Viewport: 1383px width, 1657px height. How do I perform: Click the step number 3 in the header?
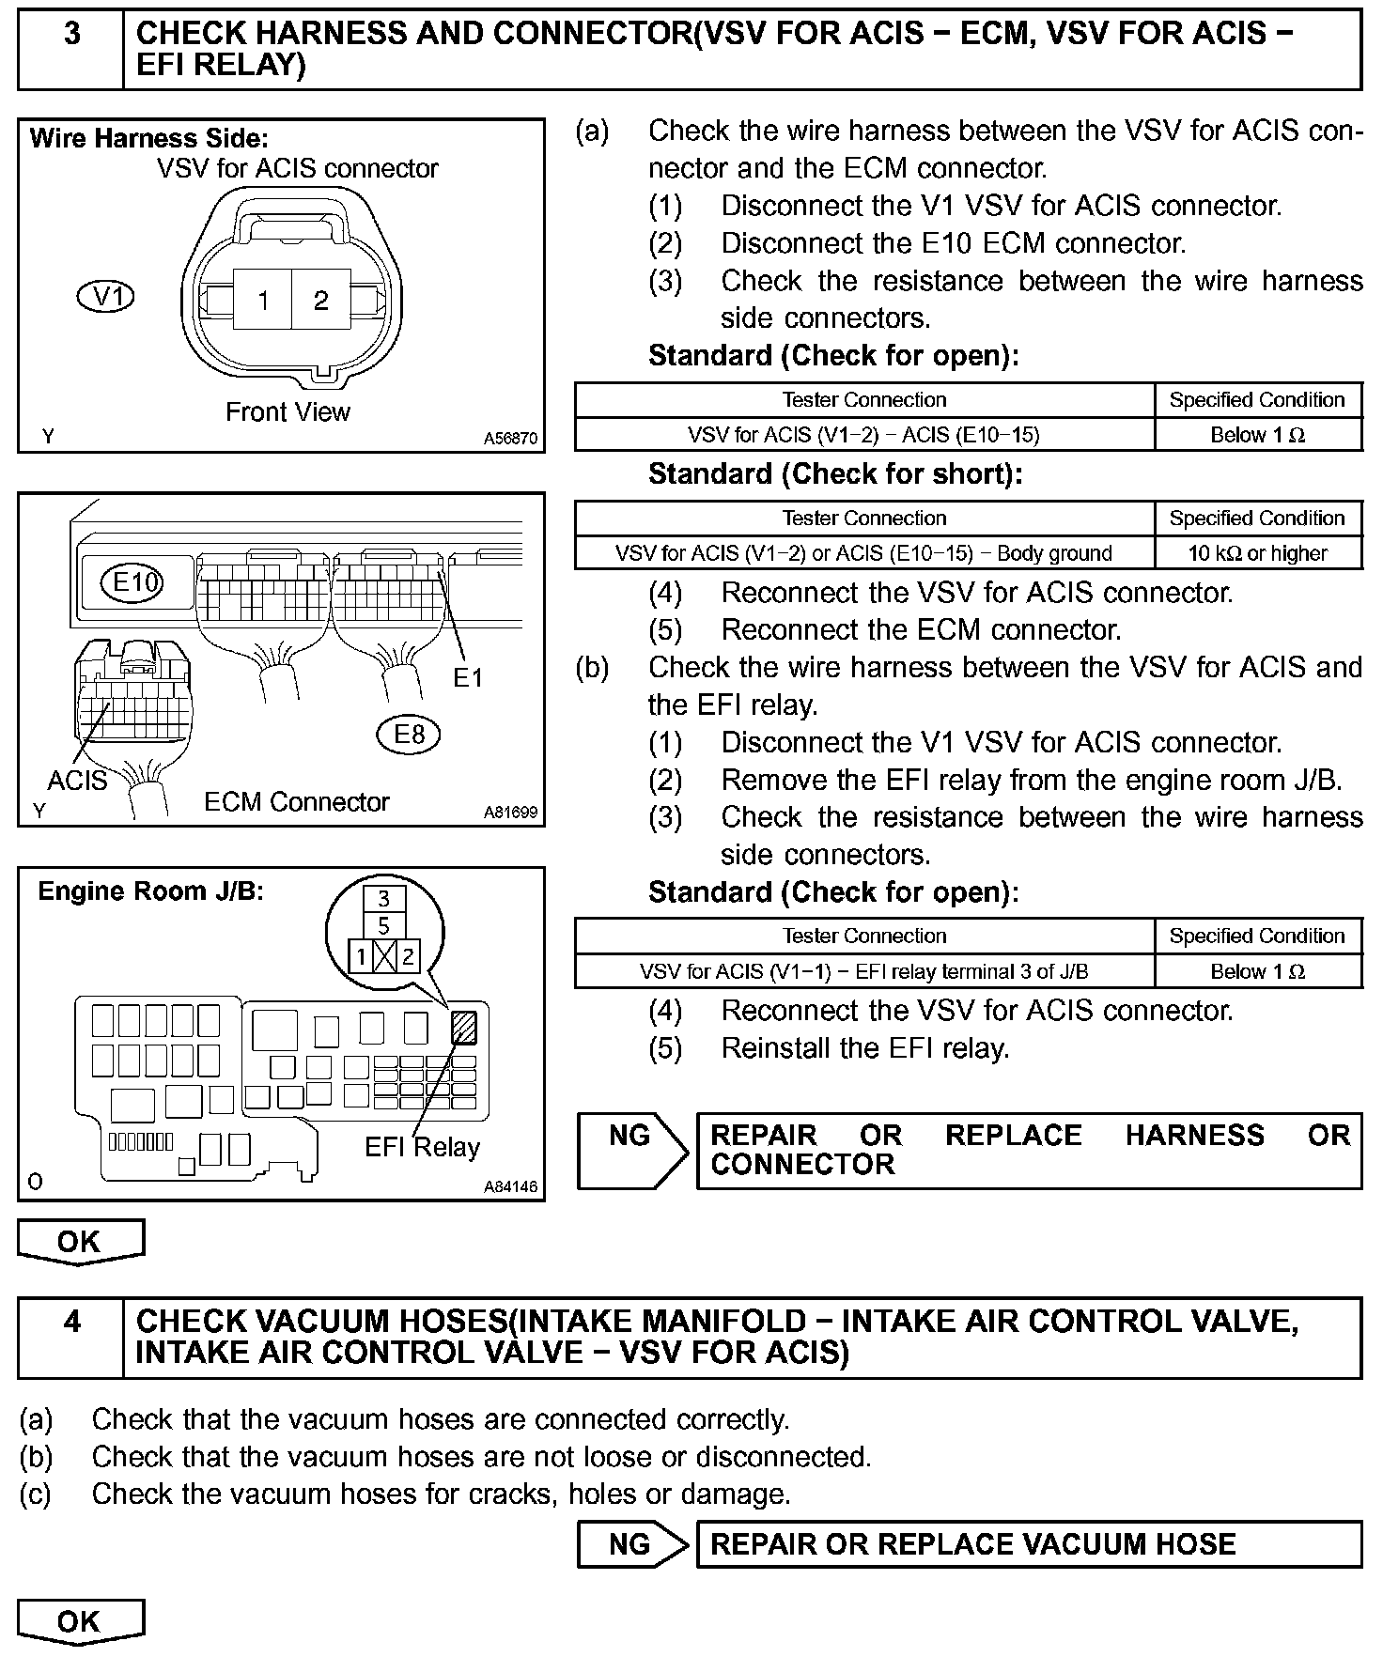(71, 36)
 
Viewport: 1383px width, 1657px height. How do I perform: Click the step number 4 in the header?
(71, 1323)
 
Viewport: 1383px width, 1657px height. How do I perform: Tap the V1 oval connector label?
(105, 297)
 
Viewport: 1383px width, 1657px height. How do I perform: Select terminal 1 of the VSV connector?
(263, 300)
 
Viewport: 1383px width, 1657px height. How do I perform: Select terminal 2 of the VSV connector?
(321, 300)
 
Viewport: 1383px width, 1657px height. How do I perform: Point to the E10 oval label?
(133, 582)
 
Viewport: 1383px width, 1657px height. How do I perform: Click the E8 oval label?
(409, 734)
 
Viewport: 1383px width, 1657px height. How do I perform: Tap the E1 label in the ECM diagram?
(467, 677)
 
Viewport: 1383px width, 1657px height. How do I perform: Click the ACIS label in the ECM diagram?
(77, 781)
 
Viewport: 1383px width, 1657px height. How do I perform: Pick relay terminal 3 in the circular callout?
(383, 899)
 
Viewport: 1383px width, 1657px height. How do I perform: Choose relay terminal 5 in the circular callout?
(383, 926)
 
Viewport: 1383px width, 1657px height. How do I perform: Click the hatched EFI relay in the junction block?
(464, 1027)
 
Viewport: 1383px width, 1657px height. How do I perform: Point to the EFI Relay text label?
(422, 1147)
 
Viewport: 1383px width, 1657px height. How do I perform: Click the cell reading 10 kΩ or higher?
(1257, 553)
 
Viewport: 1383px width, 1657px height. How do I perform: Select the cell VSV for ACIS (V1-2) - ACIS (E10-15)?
(863, 435)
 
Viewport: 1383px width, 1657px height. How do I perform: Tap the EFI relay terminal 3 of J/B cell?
(863, 971)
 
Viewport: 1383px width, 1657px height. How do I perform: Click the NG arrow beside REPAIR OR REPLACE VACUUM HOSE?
(633, 1544)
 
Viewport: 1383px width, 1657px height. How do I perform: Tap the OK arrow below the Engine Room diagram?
(80, 1242)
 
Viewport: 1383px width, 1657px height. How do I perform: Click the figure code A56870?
(511, 439)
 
